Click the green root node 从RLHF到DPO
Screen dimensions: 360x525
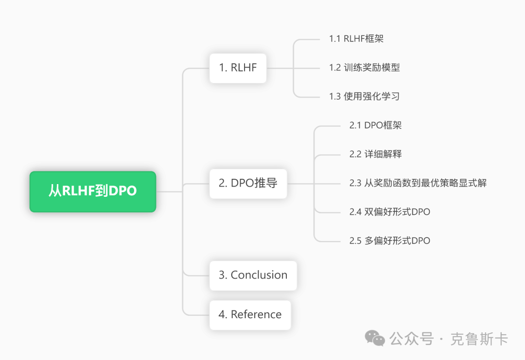pyautogui.click(x=92, y=191)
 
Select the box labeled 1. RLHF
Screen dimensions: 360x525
pyautogui.click(x=238, y=68)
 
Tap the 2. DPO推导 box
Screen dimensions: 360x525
pyautogui.click(x=248, y=183)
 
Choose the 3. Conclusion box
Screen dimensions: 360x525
pyautogui.click(x=253, y=275)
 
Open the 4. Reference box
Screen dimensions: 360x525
pyautogui.click(x=250, y=315)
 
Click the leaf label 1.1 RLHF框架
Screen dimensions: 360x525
pyautogui.click(x=356, y=39)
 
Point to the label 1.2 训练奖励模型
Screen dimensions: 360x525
pyautogui.click(x=364, y=68)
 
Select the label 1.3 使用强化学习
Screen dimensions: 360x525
pyautogui.click(x=364, y=96)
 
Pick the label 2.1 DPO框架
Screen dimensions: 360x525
pyautogui.click(x=375, y=125)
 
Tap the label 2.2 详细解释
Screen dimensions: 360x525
pyautogui.click(x=375, y=154)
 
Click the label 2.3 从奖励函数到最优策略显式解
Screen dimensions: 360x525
pyautogui.click(x=418, y=183)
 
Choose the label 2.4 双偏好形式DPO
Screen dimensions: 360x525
pyautogui.click(x=389, y=211)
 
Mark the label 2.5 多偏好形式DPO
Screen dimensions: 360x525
pyautogui.click(x=389, y=240)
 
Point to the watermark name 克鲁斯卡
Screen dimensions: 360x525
pyautogui.click(x=479, y=339)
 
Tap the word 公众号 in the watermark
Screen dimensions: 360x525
pyautogui.click(x=411, y=339)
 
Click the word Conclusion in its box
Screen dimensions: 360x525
pyautogui.click(x=259, y=275)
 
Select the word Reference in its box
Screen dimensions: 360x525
pyautogui.click(x=256, y=315)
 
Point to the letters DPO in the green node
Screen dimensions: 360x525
pyautogui.click(x=122, y=191)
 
